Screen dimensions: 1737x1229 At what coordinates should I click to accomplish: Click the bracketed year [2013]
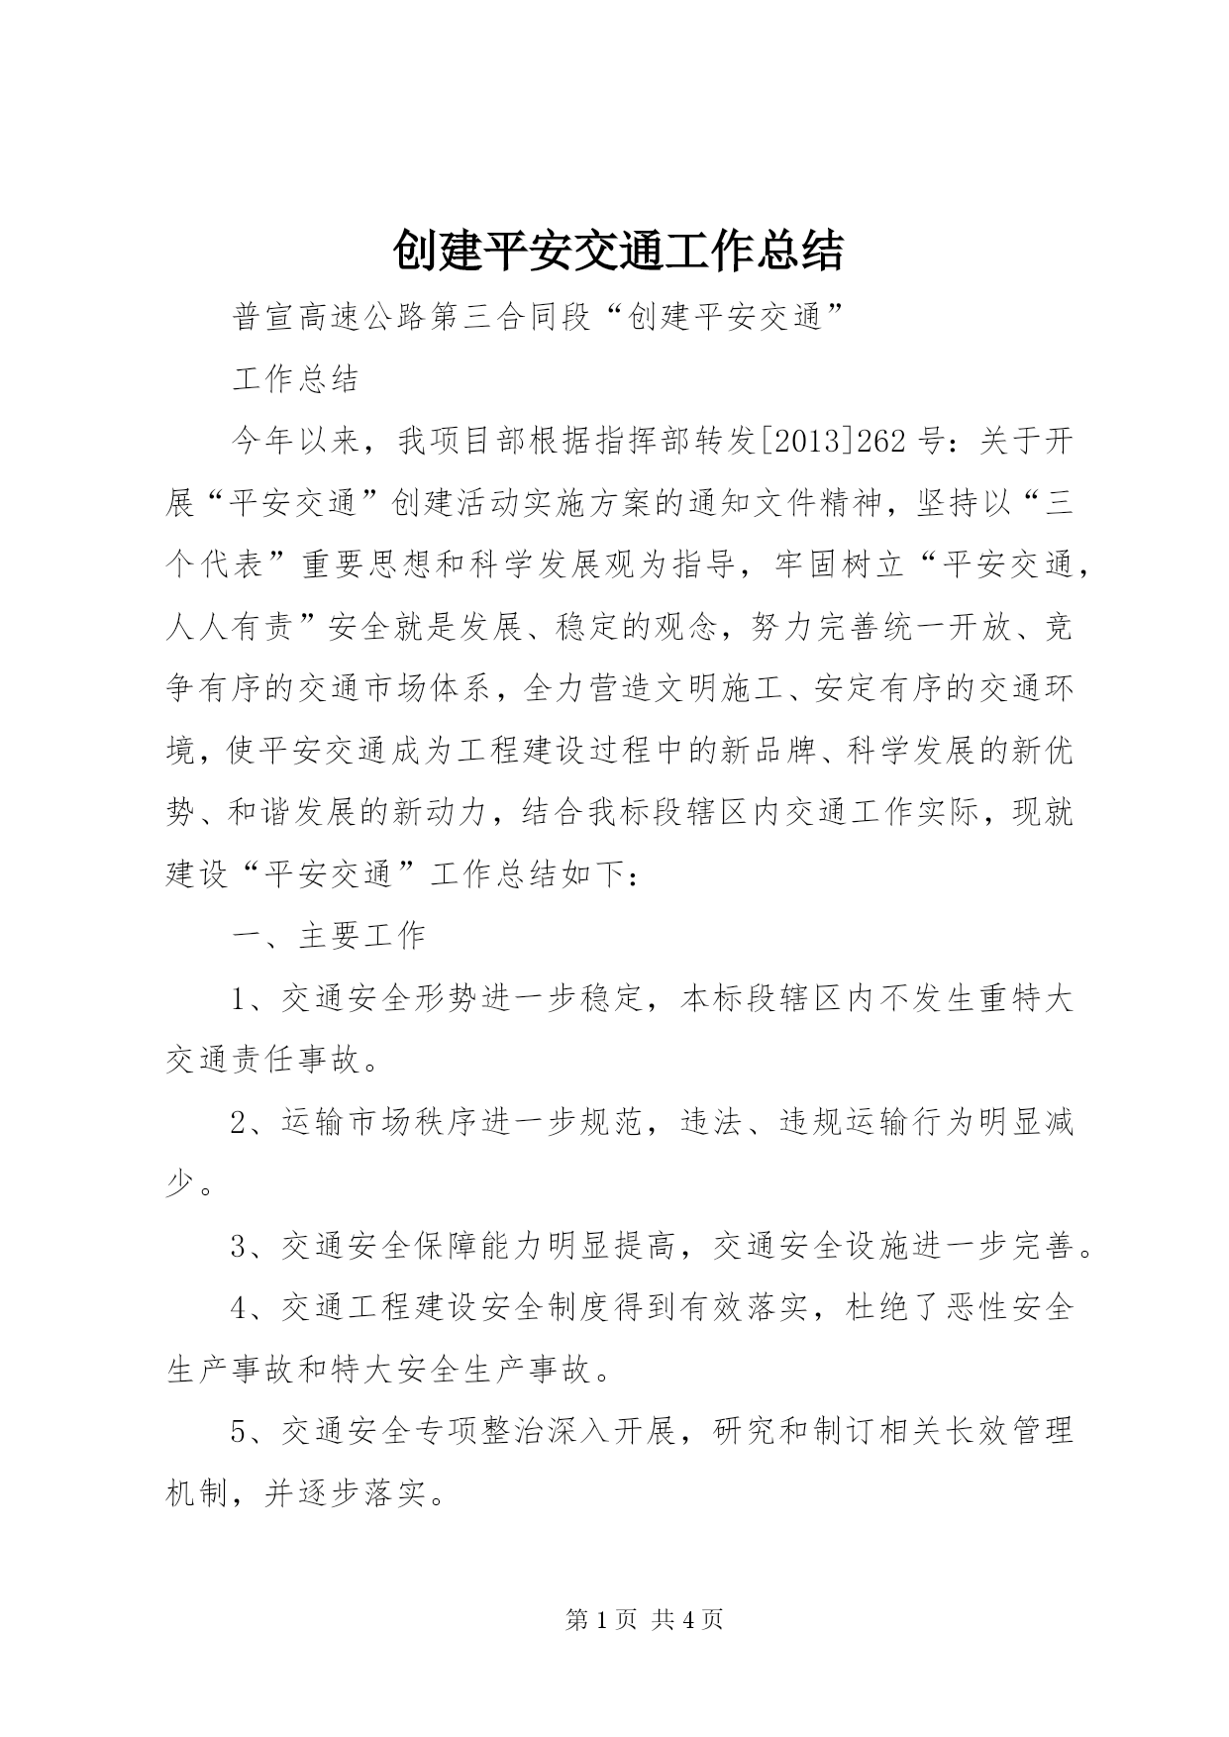tap(806, 441)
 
